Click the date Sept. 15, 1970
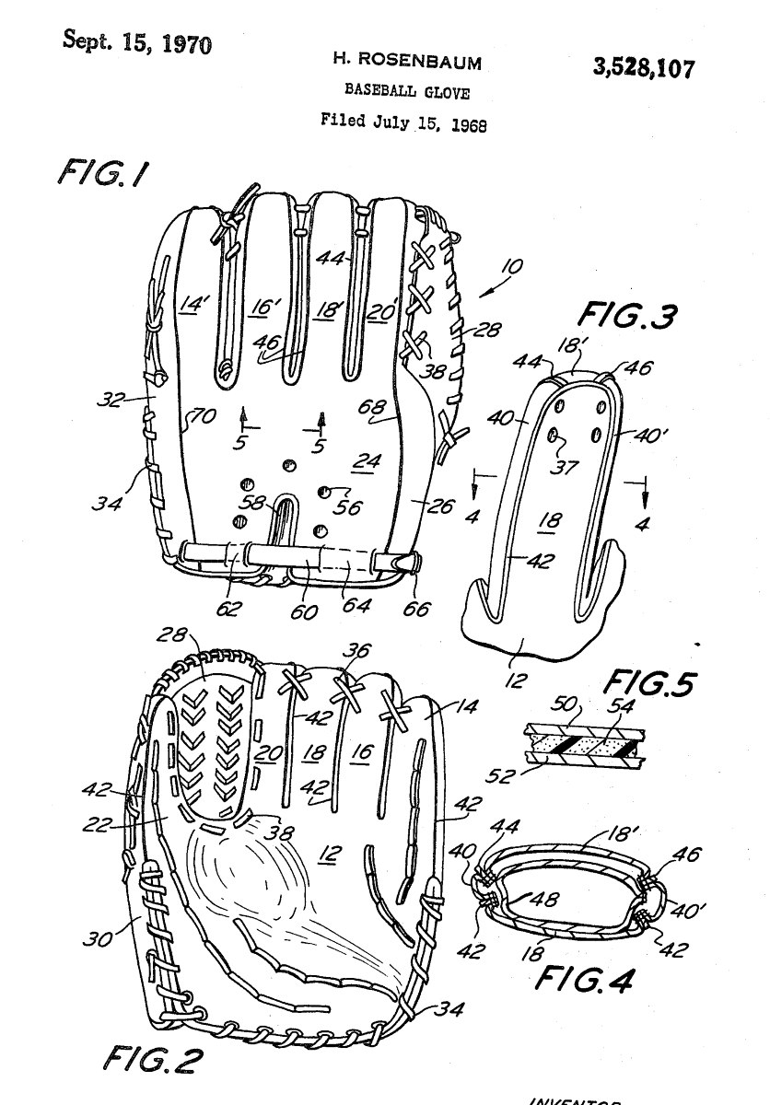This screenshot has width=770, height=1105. click(x=136, y=41)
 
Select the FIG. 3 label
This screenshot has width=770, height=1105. click(x=626, y=316)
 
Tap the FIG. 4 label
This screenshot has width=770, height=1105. click(x=585, y=977)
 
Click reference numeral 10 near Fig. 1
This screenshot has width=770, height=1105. click(x=510, y=268)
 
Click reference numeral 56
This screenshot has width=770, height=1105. click(x=351, y=506)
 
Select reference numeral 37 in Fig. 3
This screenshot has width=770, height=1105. click(x=564, y=467)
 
